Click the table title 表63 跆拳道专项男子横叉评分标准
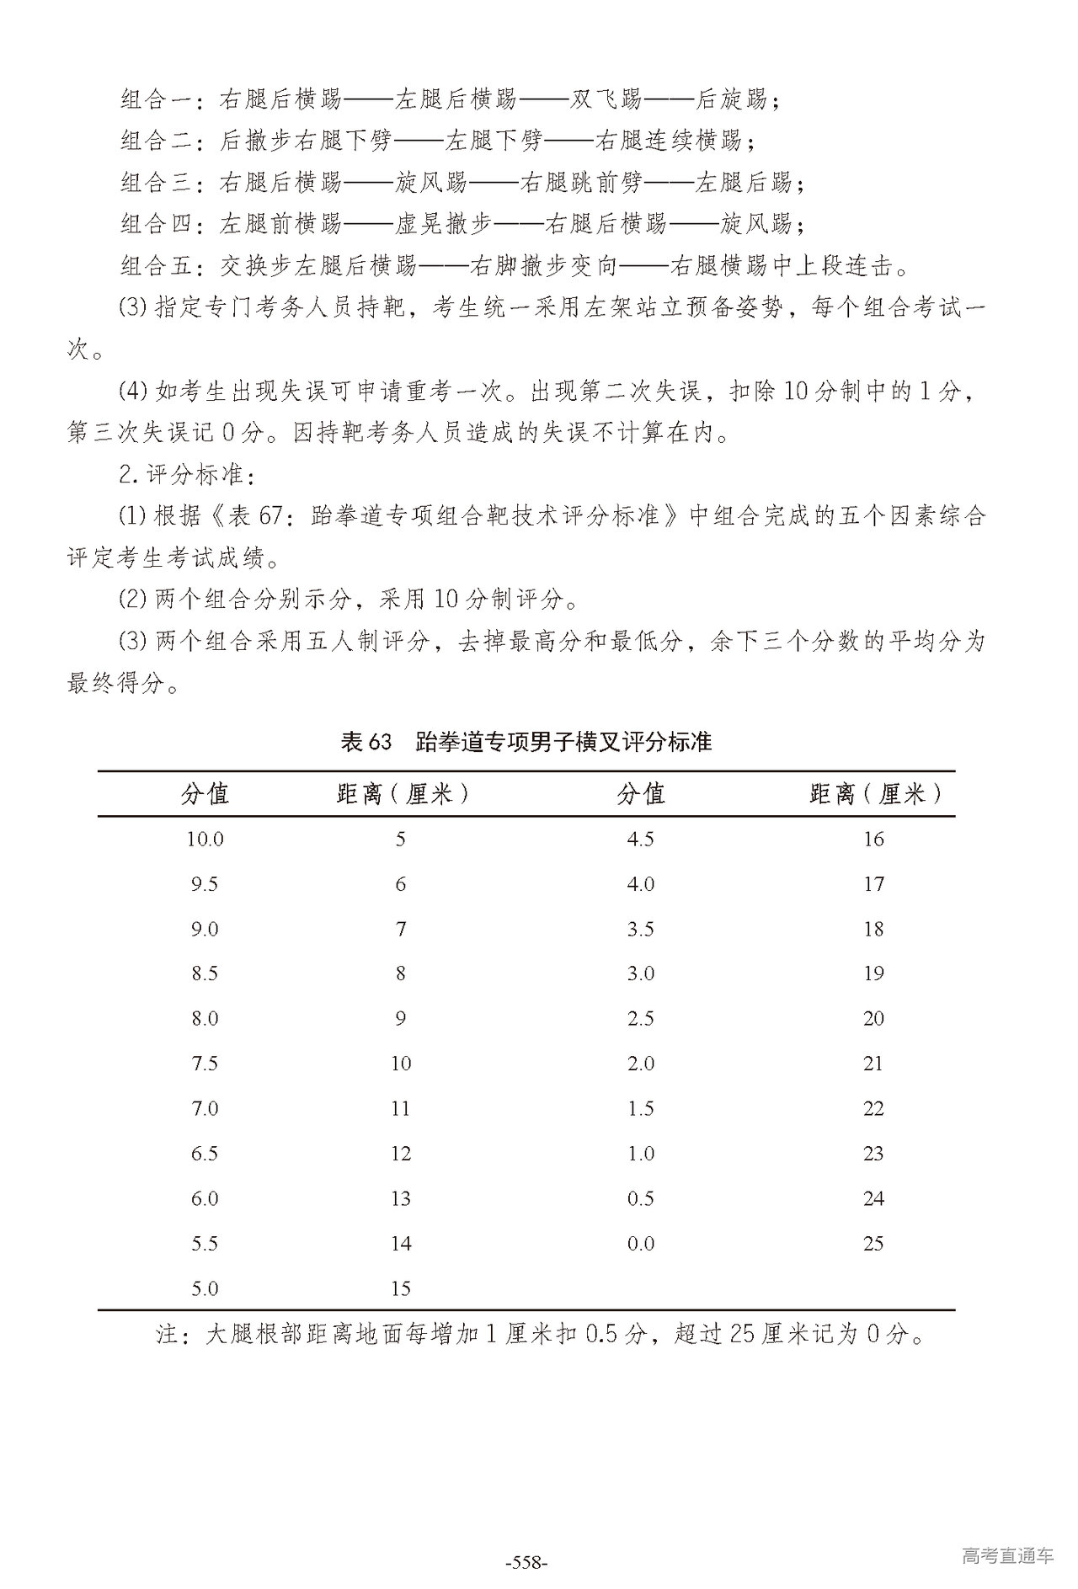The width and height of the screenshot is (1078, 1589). (526, 742)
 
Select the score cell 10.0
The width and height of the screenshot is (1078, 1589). (205, 839)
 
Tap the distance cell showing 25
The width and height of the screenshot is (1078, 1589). (873, 1243)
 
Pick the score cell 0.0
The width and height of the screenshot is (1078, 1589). (641, 1243)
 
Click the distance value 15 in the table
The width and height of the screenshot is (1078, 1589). (401, 1288)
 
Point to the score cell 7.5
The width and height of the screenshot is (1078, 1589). (205, 1064)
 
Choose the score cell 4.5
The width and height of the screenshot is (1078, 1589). (641, 839)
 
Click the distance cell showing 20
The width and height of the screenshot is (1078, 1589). (873, 1018)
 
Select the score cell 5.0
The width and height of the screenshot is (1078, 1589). (205, 1288)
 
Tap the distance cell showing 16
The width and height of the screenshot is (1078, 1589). (873, 839)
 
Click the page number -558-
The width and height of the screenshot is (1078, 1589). (526, 1564)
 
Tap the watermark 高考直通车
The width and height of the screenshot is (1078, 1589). (1007, 1555)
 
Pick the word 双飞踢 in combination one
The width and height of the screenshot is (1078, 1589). (606, 100)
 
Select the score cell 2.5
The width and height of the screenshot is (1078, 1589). (641, 1018)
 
